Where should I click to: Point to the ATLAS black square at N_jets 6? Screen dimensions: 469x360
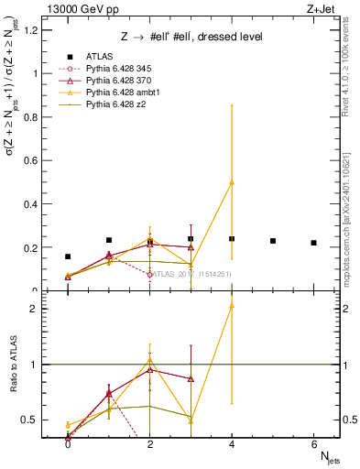click(314, 243)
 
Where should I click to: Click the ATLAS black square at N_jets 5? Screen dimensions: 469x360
click(273, 241)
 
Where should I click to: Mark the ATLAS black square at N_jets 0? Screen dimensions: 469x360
click(68, 257)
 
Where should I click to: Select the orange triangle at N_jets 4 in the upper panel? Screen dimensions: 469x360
click(232, 182)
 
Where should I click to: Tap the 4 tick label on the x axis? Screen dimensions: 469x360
click(232, 445)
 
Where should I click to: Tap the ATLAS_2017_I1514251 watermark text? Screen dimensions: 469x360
click(190, 274)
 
